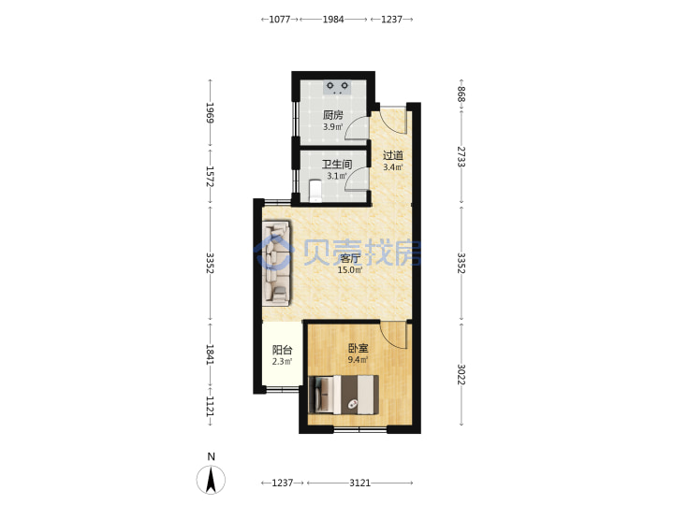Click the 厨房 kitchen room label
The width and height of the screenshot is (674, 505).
click(333, 115)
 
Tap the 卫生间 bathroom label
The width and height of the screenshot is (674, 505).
click(337, 164)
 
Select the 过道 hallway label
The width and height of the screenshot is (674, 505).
click(393, 155)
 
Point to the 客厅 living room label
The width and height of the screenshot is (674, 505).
click(350, 258)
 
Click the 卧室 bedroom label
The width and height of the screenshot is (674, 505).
click(358, 349)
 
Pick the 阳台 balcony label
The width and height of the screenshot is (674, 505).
click(282, 350)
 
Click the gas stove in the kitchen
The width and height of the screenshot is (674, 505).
click(337, 87)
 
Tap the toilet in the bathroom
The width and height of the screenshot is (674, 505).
click(315, 191)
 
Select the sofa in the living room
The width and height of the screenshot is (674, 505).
click(276, 263)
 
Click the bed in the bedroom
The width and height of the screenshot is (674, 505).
click(344, 395)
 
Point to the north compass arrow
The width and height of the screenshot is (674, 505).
click(211, 480)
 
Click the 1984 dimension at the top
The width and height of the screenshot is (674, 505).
click(333, 20)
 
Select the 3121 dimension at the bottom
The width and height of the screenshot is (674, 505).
click(359, 483)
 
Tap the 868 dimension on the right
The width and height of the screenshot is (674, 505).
click(462, 94)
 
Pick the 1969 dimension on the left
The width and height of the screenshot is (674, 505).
click(211, 112)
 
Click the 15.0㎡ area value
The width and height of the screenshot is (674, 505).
click(350, 270)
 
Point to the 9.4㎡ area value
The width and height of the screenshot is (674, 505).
click(358, 360)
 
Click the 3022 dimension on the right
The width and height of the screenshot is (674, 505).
click(462, 374)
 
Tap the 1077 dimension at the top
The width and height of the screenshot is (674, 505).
click(280, 20)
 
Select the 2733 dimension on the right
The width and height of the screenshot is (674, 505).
click(462, 157)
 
